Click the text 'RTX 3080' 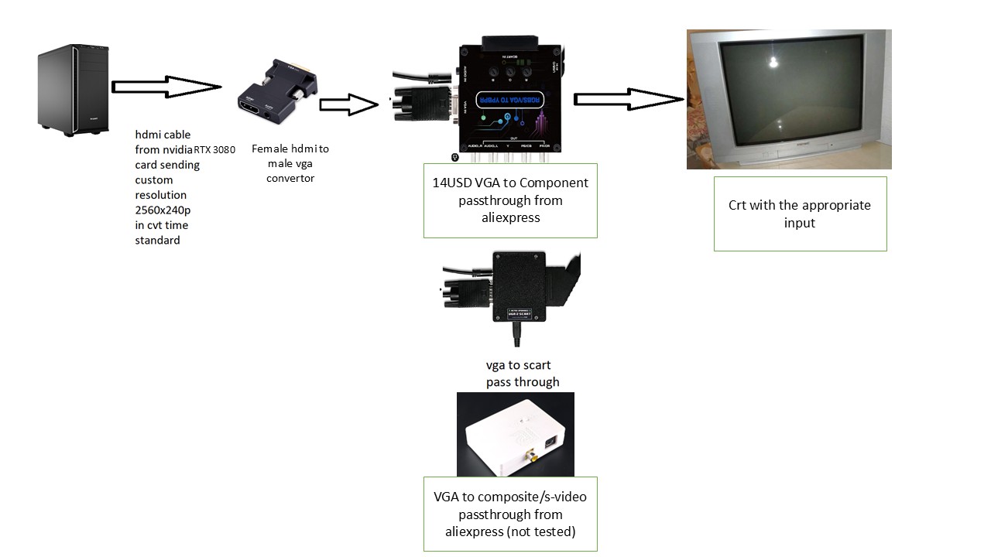[x=214, y=150]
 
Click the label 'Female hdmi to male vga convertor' [x=290, y=163]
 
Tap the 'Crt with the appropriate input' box [x=800, y=214]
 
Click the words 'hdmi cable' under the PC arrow [x=163, y=135]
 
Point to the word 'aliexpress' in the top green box [x=510, y=217]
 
